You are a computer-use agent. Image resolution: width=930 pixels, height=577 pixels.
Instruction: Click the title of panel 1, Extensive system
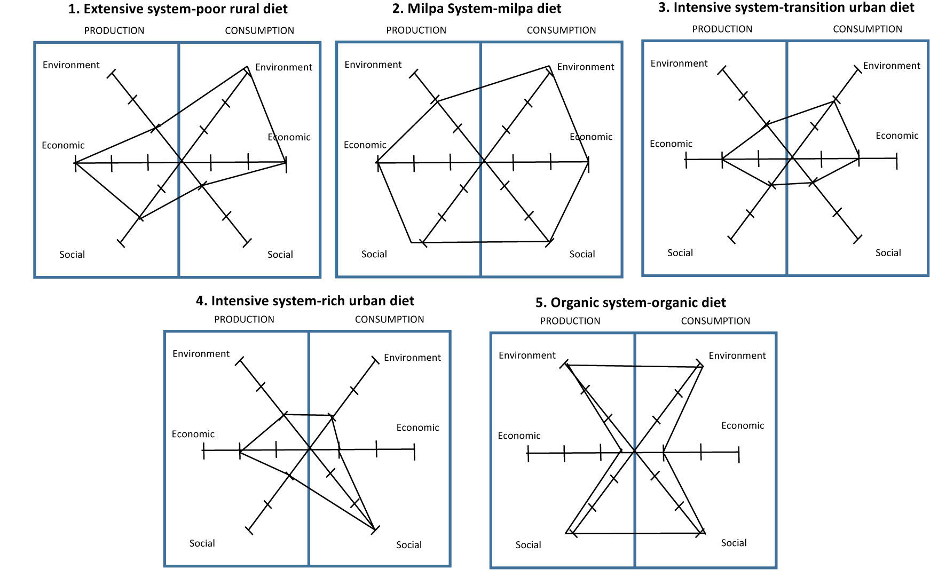178,9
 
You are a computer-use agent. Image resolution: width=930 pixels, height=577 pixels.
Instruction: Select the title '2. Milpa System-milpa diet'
476,9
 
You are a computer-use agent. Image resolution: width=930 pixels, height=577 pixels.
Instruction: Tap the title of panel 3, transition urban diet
786,7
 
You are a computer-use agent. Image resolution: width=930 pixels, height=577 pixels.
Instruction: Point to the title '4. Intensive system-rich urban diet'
305,301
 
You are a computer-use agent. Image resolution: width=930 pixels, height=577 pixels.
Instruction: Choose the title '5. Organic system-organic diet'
630,303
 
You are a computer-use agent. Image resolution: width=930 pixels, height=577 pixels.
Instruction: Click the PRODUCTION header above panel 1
114,31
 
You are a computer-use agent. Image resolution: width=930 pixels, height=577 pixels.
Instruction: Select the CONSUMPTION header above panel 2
561,30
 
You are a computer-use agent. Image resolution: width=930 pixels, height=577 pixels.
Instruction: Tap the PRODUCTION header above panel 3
722,29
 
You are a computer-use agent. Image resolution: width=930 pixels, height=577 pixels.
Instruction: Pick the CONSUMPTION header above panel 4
389,320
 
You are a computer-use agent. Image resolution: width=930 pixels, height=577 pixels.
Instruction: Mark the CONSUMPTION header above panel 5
715,321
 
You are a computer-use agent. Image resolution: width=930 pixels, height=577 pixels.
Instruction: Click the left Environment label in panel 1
71,65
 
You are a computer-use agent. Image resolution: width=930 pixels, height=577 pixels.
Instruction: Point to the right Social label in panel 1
280,255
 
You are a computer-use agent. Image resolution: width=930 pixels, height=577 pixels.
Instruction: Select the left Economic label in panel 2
365,145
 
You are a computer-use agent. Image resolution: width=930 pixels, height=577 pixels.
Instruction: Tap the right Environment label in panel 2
586,67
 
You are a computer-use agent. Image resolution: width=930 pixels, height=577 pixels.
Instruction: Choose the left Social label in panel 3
680,253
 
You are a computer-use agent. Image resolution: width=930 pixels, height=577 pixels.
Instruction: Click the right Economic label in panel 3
897,136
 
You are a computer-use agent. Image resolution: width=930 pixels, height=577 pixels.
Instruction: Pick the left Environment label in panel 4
201,354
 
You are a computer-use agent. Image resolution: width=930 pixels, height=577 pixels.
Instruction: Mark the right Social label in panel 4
409,545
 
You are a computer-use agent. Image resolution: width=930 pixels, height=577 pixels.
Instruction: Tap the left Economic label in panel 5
519,436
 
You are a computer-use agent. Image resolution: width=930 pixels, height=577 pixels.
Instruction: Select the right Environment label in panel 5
737,355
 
